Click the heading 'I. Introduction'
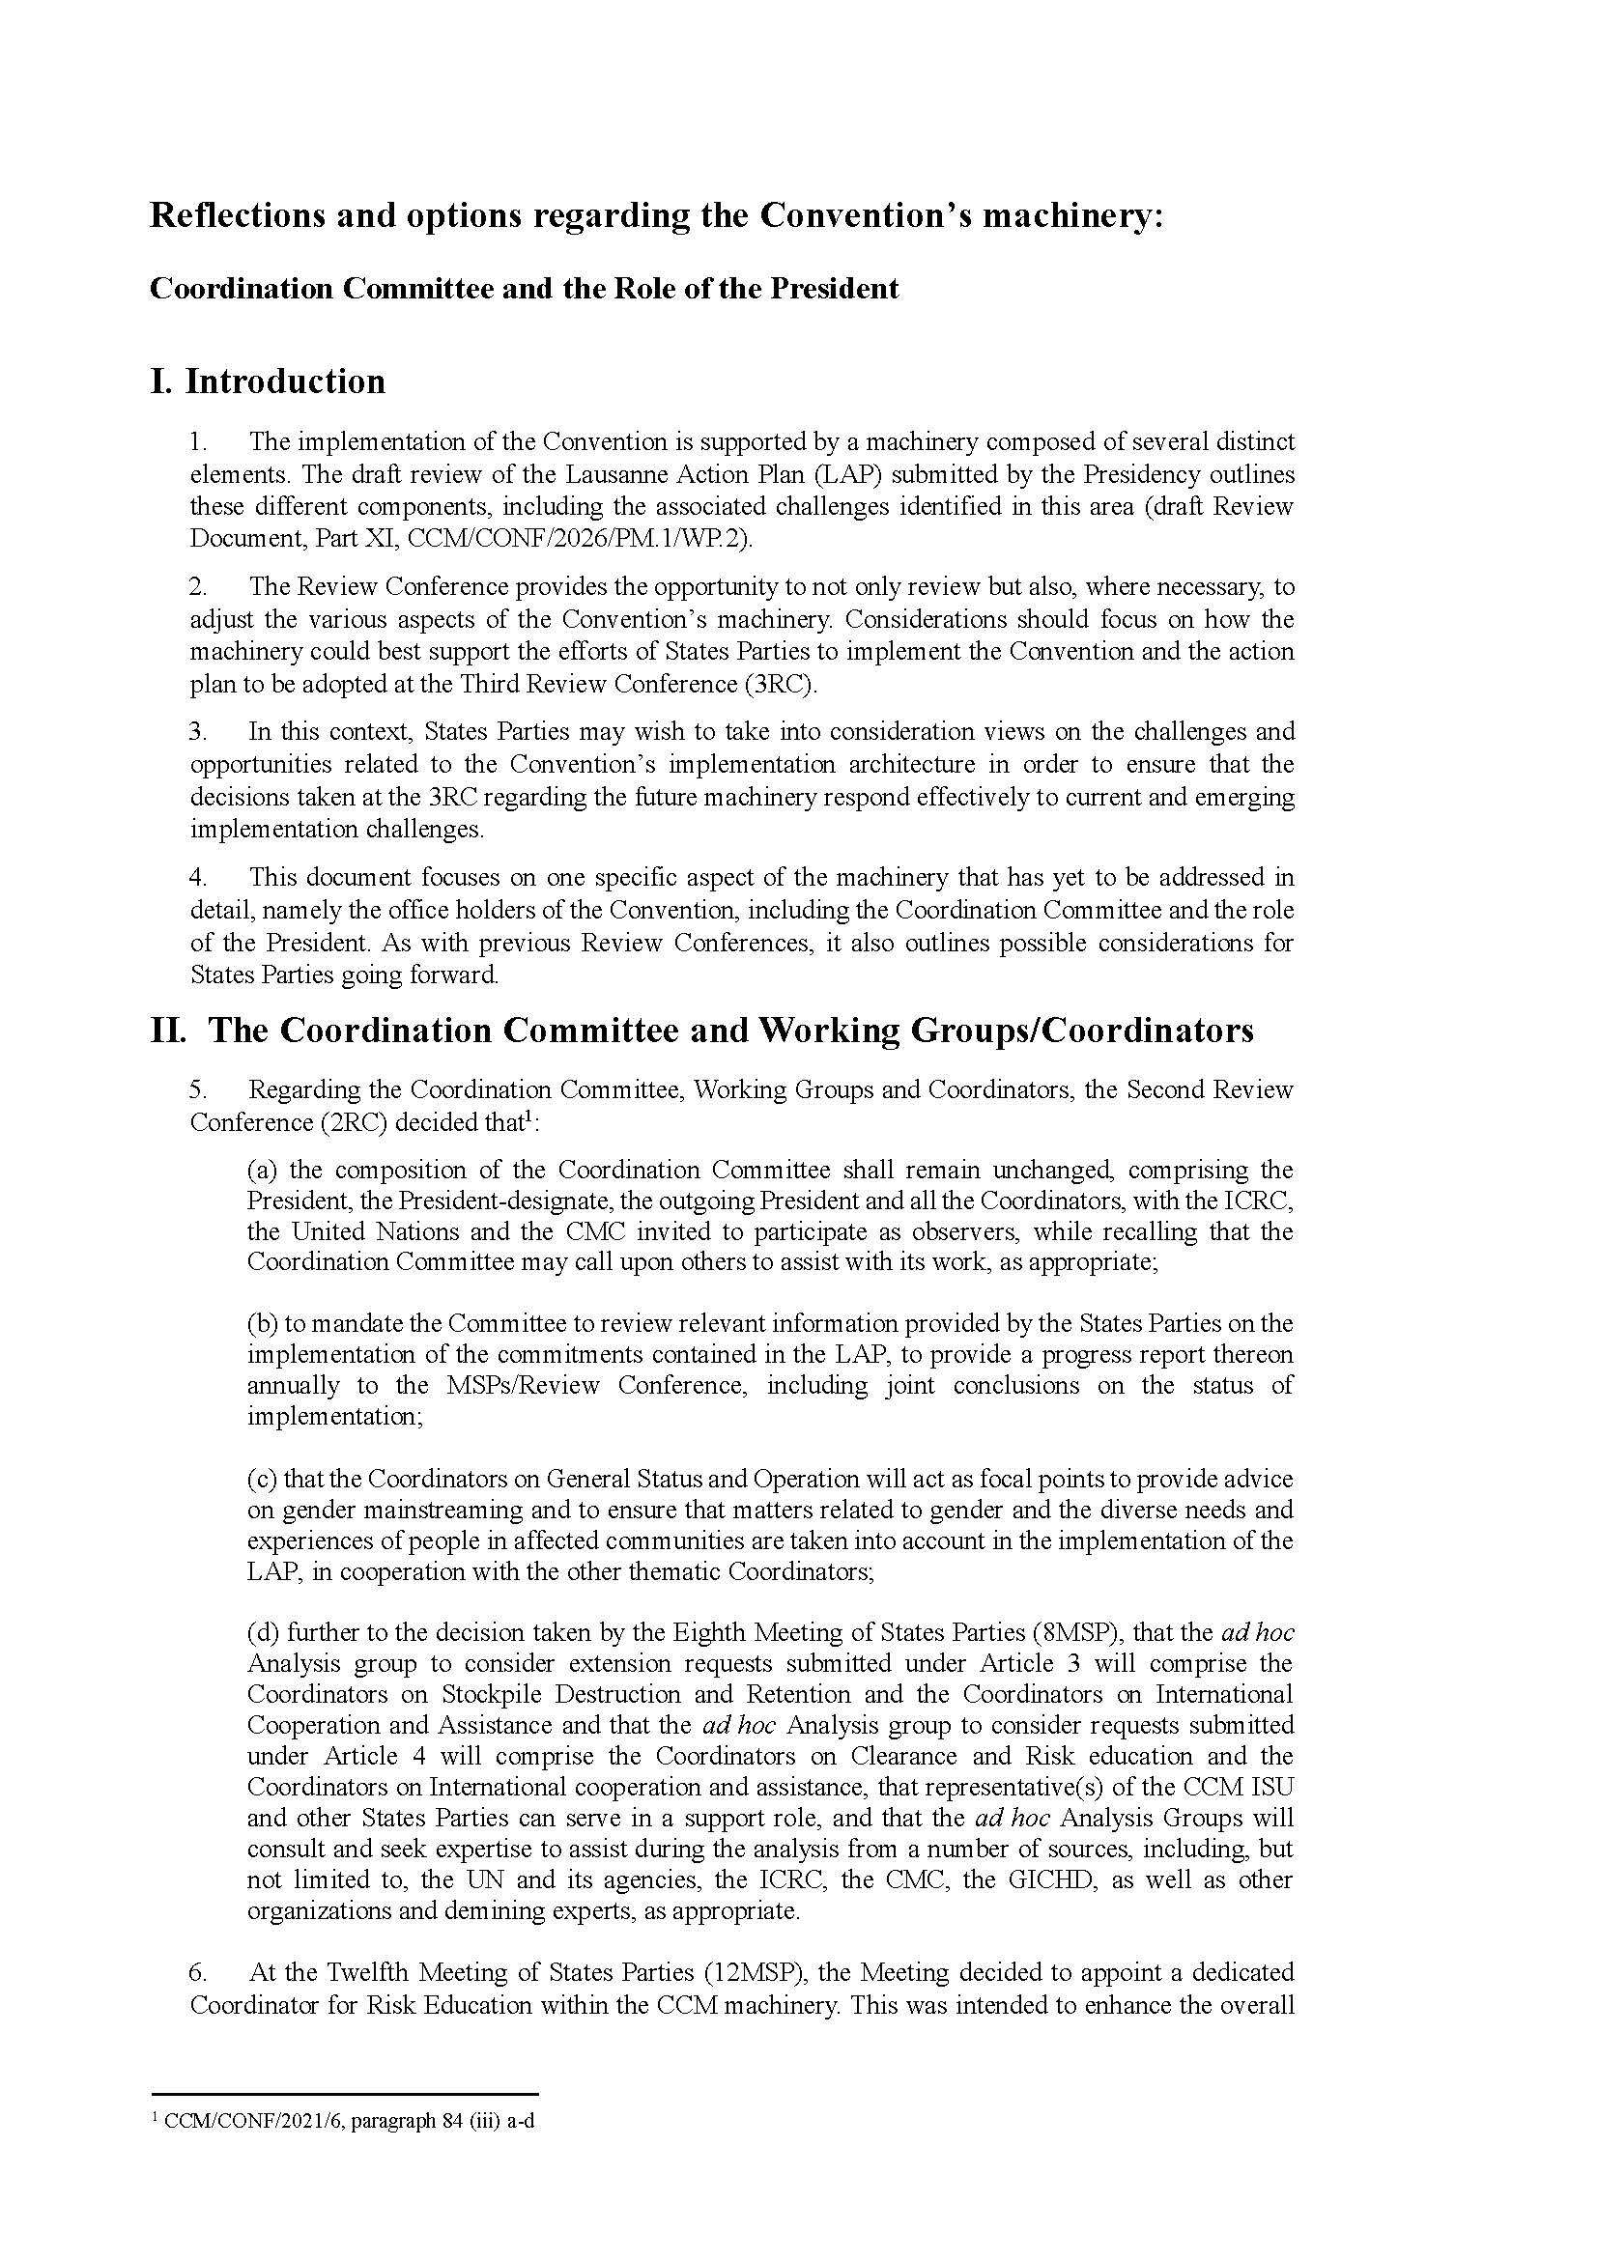pos(267,381)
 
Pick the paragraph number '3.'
pos(198,731)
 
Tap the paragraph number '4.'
pos(198,877)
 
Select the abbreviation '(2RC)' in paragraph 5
pos(351,1122)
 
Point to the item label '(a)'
pos(263,1170)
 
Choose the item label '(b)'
pos(263,1323)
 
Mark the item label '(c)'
pos(263,1479)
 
